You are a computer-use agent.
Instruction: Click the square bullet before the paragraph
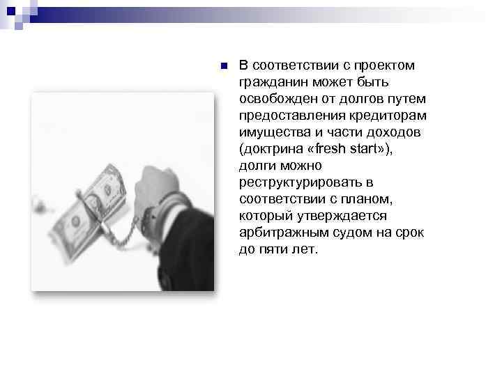pos(223,66)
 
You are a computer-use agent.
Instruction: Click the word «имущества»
pos(273,132)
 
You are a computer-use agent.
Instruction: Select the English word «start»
pos(365,149)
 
